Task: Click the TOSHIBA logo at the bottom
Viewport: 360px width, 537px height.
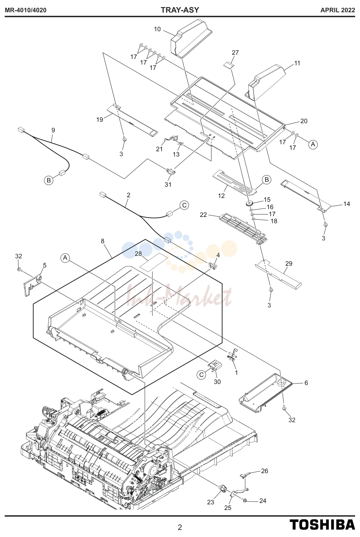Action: coord(322,525)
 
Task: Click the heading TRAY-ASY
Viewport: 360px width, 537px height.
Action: coord(180,10)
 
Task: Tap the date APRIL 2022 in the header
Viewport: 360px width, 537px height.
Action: coord(338,10)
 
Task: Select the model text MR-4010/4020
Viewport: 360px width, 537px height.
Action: coord(26,10)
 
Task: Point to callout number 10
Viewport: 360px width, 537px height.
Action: coord(157,29)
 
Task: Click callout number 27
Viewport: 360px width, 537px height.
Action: coord(235,53)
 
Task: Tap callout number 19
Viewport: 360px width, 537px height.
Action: coord(100,119)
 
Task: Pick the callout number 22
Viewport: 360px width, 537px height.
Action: coord(203,215)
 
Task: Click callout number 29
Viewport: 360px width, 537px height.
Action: coord(289,264)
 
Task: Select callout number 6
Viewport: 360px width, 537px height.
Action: coord(306,383)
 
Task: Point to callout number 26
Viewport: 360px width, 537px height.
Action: coord(264,471)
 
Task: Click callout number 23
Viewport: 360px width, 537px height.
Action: coord(211,502)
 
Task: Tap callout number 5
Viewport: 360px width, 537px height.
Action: coord(45,265)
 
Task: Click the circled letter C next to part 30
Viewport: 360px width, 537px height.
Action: coord(202,375)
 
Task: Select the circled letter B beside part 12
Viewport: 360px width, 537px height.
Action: coord(267,180)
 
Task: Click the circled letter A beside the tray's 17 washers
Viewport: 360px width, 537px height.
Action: coord(313,144)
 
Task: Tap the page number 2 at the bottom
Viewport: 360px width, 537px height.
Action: coord(180,527)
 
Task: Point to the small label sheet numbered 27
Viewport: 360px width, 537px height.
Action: coord(229,65)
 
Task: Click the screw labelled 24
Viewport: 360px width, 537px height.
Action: coord(245,500)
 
